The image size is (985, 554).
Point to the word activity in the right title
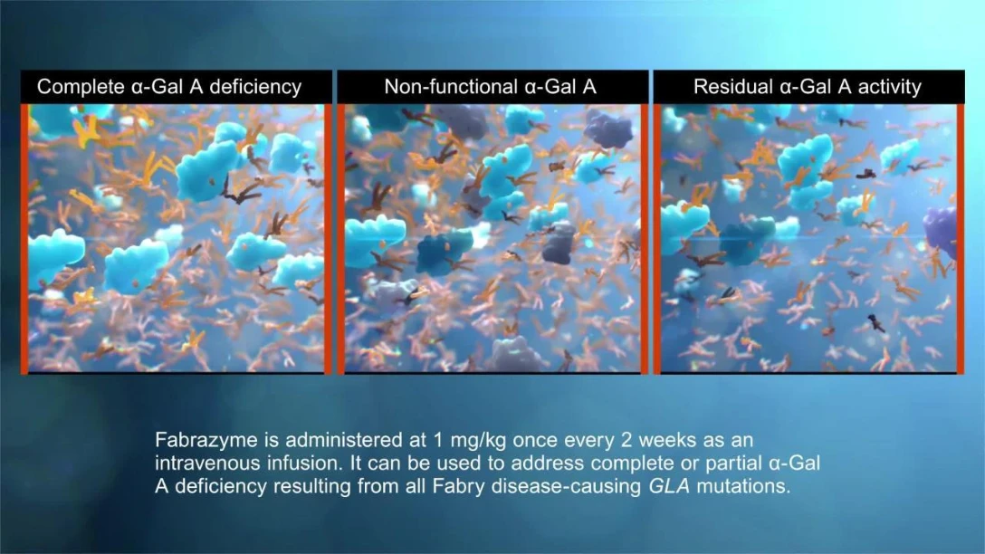890,87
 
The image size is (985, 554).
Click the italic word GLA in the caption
668,486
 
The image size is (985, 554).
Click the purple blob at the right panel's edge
941,230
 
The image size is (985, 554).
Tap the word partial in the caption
733,463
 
